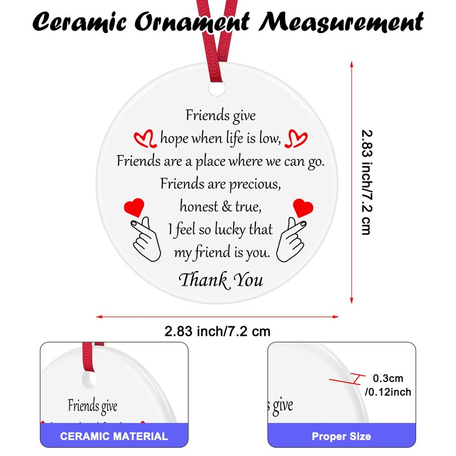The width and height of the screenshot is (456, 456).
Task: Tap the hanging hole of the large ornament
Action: (x=217, y=91)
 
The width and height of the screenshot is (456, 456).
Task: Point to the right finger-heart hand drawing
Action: (x=292, y=239)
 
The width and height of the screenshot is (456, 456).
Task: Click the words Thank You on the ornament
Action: (x=221, y=279)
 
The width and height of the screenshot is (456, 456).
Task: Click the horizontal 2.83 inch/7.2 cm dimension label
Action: (x=217, y=331)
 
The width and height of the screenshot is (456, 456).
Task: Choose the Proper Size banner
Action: (x=341, y=437)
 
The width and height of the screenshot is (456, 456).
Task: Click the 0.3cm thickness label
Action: (x=388, y=378)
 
